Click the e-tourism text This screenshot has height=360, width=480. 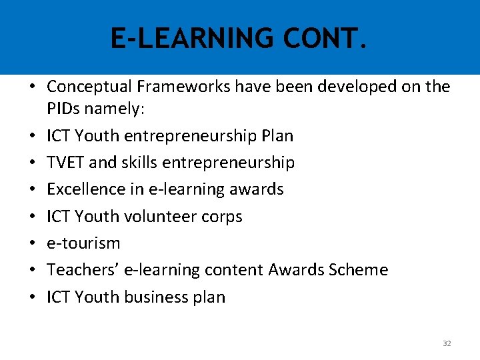pos(83,243)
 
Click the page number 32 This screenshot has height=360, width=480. pos(447,343)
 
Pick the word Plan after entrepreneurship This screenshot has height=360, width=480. pos(277,136)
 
